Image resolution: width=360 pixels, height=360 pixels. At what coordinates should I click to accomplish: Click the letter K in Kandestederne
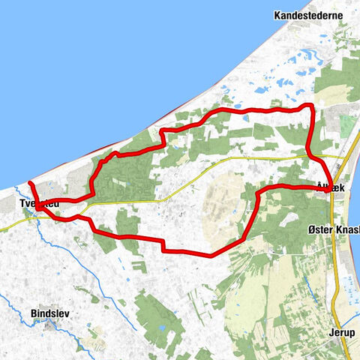[x=278, y=15]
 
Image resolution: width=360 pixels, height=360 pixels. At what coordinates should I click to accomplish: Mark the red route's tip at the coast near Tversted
[x=30, y=183]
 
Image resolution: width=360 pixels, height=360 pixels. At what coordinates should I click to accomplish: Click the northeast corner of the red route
[x=310, y=106]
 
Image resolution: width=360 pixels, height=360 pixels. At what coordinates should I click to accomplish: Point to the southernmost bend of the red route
[x=211, y=255]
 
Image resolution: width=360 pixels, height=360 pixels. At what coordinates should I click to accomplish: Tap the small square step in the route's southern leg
[x=162, y=244]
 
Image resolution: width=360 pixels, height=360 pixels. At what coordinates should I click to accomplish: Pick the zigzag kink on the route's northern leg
[x=161, y=138]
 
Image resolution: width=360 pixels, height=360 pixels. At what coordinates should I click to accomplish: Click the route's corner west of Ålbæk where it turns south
[x=258, y=192]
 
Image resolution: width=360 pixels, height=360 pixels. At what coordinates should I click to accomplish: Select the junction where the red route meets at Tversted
[x=39, y=207]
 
